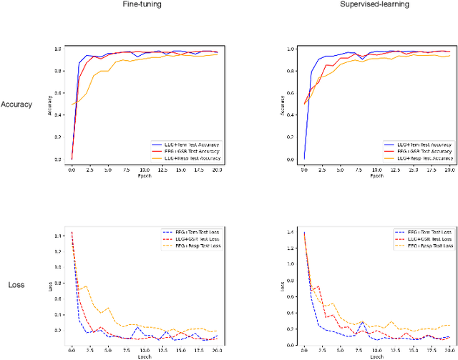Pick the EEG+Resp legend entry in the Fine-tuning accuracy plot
(x=187, y=157)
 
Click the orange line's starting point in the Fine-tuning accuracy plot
(x=72, y=104)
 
